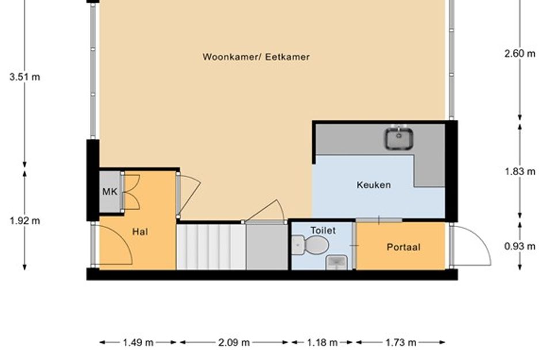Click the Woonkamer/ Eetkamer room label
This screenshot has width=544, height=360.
click(256, 57)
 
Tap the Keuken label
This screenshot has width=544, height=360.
click(374, 185)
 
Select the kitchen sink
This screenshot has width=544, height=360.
click(398, 138)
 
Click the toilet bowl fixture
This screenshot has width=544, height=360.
click(310, 245)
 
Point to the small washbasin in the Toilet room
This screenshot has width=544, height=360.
click(337, 263)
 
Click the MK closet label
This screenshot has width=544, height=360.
click(109, 192)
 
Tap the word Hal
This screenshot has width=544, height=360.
click(140, 232)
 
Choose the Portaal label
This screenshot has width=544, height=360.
click(404, 247)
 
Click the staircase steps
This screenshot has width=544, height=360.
click(211, 247)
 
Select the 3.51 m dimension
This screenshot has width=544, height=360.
click(25, 77)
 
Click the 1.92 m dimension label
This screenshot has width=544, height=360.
click(25, 221)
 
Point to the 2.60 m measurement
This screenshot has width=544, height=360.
click(520, 54)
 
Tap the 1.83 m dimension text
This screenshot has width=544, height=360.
click(520, 172)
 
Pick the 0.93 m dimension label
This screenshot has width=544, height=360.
click(520, 247)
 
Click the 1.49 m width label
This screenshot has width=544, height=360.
click(138, 343)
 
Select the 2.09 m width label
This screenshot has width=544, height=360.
click(234, 343)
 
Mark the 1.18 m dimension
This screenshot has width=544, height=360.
click(322, 343)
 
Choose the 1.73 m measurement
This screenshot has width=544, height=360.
click(401, 343)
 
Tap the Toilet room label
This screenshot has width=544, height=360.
click(323, 230)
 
